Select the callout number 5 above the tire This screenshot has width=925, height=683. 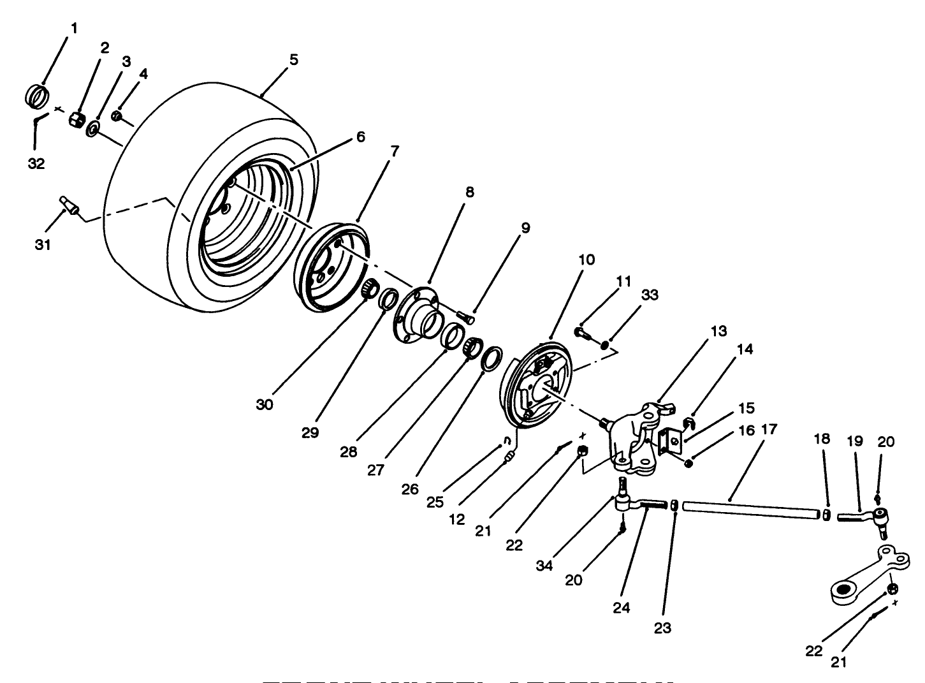click(x=293, y=59)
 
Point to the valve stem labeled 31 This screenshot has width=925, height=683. click(x=69, y=206)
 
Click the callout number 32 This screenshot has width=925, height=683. click(x=36, y=163)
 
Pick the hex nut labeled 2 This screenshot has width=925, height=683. click(x=77, y=119)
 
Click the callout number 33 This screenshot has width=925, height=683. click(x=650, y=295)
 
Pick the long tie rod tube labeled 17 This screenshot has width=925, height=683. click(x=749, y=511)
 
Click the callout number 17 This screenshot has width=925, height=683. click(x=769, y=429)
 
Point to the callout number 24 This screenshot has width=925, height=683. click(x=621, y=608)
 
